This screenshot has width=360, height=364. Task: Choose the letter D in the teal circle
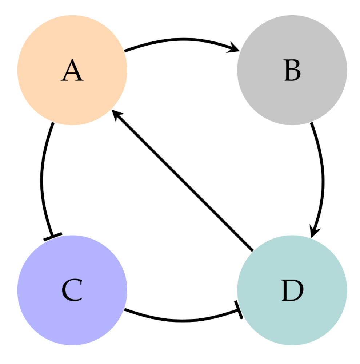click(x=292, y=291)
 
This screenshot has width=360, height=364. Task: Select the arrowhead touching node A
click(x=117, y=116)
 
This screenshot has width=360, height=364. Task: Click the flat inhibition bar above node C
click(x=53, y=237)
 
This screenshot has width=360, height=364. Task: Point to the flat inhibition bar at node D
click(x=239, y=310)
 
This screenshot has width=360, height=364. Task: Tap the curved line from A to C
click(x=41, y=178)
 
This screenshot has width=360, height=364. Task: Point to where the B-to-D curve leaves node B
click(x=312, y=124)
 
